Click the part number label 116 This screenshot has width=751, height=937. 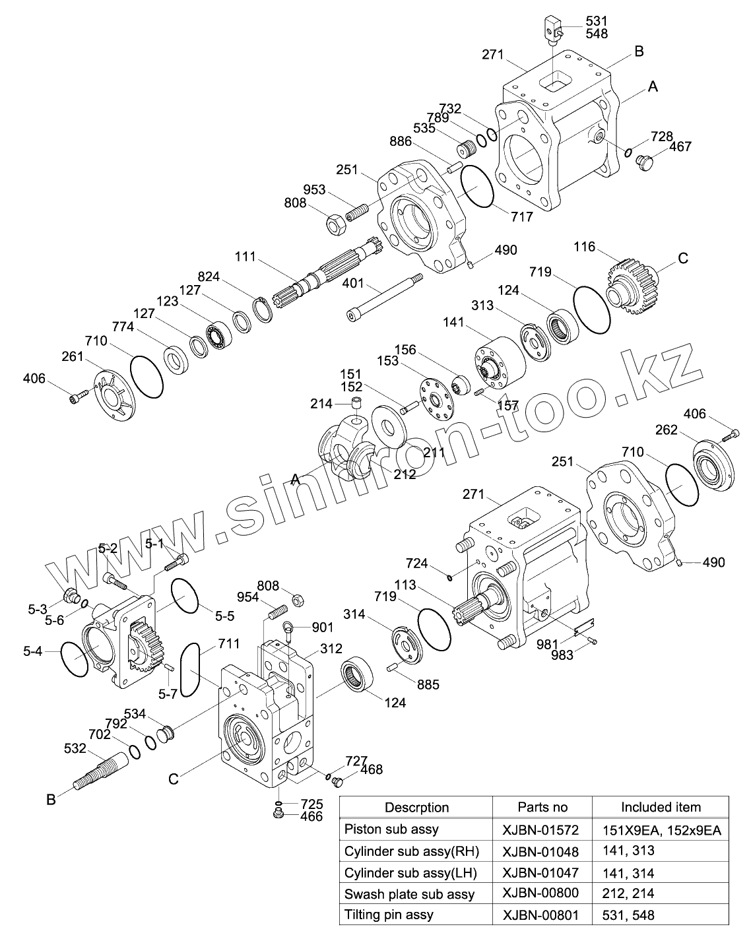point(585,247)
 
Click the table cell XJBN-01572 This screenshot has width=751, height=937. point(540,829)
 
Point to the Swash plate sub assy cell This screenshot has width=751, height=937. point(409,894)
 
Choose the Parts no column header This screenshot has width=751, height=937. point(542,807)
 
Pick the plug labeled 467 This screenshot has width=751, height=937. point(645,161)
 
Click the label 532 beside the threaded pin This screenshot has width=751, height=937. point(75,748)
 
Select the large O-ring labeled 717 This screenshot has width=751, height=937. point(478,187)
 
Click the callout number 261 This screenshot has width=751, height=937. point(73,356)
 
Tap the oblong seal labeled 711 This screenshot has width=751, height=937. point(189,670)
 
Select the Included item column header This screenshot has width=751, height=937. point(661,807)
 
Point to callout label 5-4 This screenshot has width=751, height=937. point(32,651)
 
